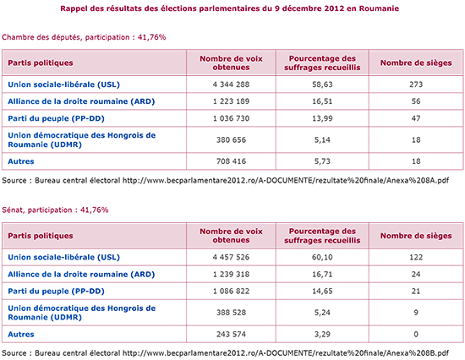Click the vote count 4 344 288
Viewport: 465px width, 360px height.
point(231,85)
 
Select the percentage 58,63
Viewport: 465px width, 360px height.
point(322,85)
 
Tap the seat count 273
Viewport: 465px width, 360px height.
point(416,85)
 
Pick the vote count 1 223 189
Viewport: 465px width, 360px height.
point(231,101)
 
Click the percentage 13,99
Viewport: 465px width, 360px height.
point(322,118)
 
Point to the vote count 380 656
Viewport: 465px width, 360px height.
point(231,139)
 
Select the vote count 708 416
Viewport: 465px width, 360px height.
point(231,161)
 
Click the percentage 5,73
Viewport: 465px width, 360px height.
point(322,161)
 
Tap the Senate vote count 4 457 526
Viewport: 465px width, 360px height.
point(231,257)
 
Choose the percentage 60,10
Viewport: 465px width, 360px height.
point(322,257)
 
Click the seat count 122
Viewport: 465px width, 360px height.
point(416,257)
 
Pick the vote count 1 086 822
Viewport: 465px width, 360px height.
point(231,292)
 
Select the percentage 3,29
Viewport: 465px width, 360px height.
point(322,334)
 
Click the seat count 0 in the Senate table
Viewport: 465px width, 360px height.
point(416,334)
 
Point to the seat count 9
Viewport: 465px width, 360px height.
point(416,313)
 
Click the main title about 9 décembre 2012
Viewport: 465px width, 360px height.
point(229,8)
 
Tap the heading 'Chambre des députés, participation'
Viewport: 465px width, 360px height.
point(66,37)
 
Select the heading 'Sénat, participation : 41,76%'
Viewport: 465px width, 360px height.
point(55,210)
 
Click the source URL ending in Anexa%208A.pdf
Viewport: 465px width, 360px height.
point(286,180)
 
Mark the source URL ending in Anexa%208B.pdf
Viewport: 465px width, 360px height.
point(286,353)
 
